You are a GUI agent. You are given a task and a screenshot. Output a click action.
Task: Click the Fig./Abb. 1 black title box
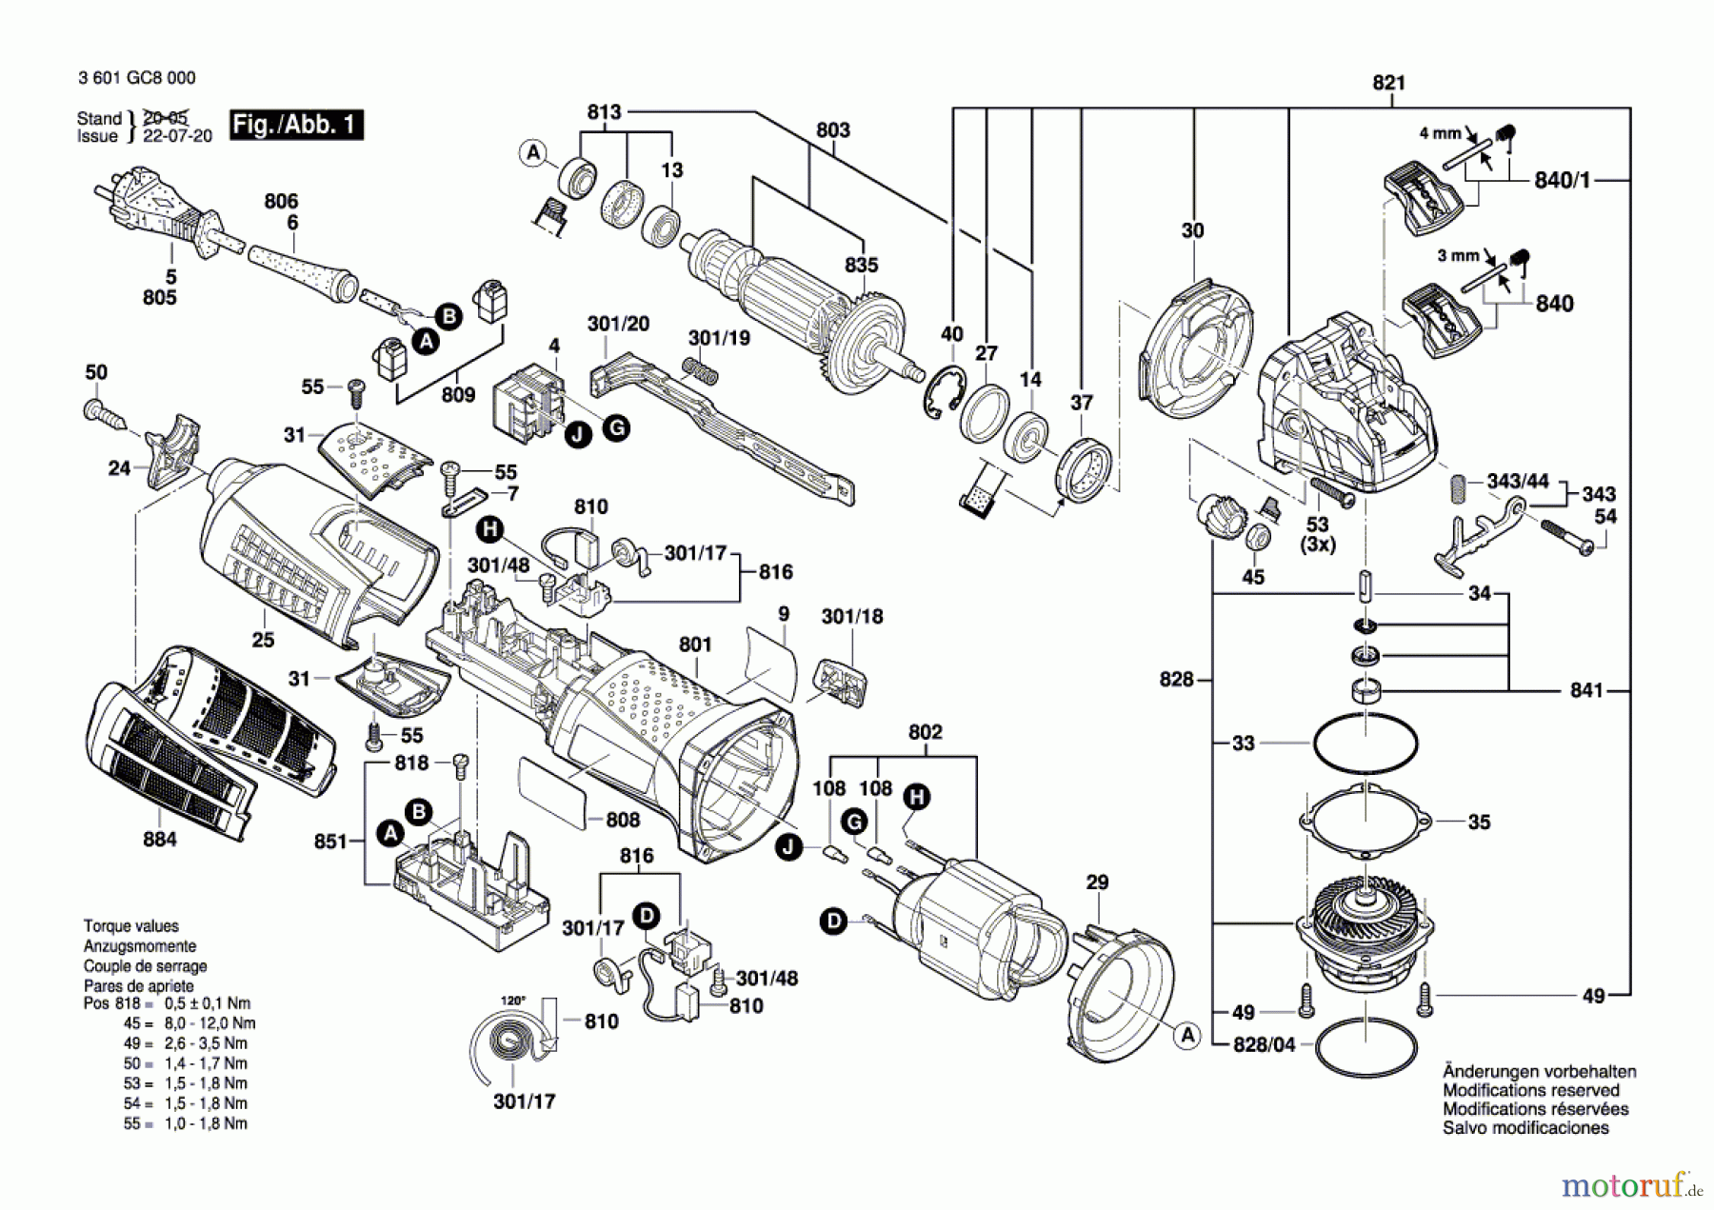[x=296, y=125]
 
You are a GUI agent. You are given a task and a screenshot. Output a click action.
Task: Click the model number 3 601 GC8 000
[x=137, y=78]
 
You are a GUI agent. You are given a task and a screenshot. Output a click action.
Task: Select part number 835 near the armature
[x=861, y=265]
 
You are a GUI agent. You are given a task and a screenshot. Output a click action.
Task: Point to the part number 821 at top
[x=1388, y=83]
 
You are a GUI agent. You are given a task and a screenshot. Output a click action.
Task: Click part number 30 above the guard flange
[x=1192, y=230]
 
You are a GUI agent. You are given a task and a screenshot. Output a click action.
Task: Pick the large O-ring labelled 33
[x=1365, y=743]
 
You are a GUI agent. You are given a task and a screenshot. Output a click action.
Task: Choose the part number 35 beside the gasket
[x=1479, y=822]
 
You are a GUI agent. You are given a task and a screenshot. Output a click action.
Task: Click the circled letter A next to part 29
[x=1186, y=1035]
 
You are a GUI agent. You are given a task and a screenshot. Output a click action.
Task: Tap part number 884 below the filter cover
[x=160, y=839]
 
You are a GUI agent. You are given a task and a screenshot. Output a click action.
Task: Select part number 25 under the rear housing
[x=263, y=641]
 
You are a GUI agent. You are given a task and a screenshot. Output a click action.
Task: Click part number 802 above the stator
[x=925, y=732]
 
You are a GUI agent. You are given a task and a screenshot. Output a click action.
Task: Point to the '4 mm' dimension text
[x=1440, y=133]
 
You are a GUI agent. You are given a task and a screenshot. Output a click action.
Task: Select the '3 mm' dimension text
[x=1458, y=256]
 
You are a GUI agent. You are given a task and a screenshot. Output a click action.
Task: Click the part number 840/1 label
[x=1562, y=180]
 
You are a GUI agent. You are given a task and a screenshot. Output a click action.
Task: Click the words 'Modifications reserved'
[x=1530, y=1090]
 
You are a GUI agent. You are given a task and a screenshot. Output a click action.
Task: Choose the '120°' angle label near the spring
[x=513, y=1001]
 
